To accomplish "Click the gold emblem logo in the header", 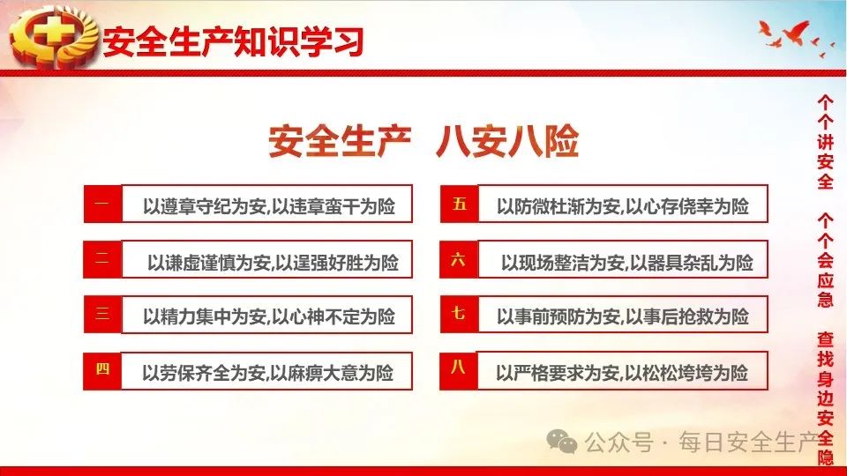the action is tap(54, 37).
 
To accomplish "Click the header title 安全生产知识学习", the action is tap(233, 42).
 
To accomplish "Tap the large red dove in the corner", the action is tap(795, 32).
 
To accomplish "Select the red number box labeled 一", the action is tap(102, 204).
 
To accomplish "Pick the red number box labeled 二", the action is tap(102, 259).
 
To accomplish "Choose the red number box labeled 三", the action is tap(102, 315).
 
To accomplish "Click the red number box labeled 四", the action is tap(102, 371).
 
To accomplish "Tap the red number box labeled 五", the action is tap(459, 204).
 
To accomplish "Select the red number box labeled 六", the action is tap(459, 259).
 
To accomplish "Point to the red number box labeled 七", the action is tap(459, 315).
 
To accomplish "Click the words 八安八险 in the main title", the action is tap(507, 141).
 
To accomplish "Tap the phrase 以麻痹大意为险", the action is tap(332, 372).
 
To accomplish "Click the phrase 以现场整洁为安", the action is tap(563, 263).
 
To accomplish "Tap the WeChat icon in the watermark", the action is tap(562, 442).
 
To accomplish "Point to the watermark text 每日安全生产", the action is tap(749, 442).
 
